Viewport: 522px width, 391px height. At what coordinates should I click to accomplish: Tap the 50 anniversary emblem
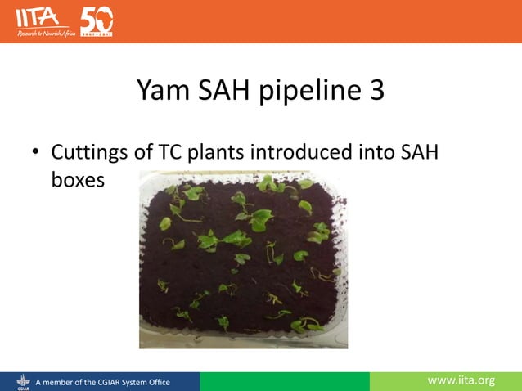click(97, 20)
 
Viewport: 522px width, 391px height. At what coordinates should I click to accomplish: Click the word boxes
click(78, 180)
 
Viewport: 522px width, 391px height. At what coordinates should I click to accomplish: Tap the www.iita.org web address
click(461, 380)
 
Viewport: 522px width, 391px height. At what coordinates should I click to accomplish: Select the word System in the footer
click(128, 382)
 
